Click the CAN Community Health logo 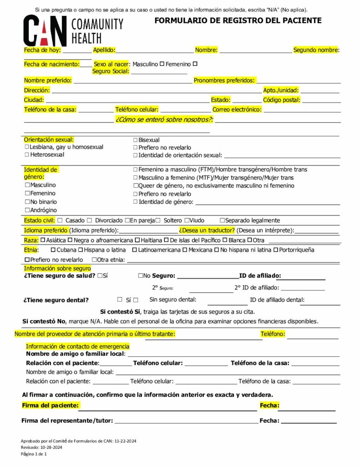tap(73, 30)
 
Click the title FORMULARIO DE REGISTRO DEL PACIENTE tap(238, 20)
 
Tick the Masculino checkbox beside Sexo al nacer tap(162, 64)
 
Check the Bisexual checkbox tap(135, 140)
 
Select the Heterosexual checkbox tap(27, 155)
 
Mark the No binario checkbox tap(27, 202)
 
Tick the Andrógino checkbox tap(27, 210)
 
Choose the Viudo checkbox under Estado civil tap(187, 221)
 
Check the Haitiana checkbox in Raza tap(137, 240)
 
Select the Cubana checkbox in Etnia tap(53, 250)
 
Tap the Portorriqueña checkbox tap(276, 250)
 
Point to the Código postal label tap(282, 100)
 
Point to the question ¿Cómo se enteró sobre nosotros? tap(164, 120)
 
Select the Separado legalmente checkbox tap(222, 221)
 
